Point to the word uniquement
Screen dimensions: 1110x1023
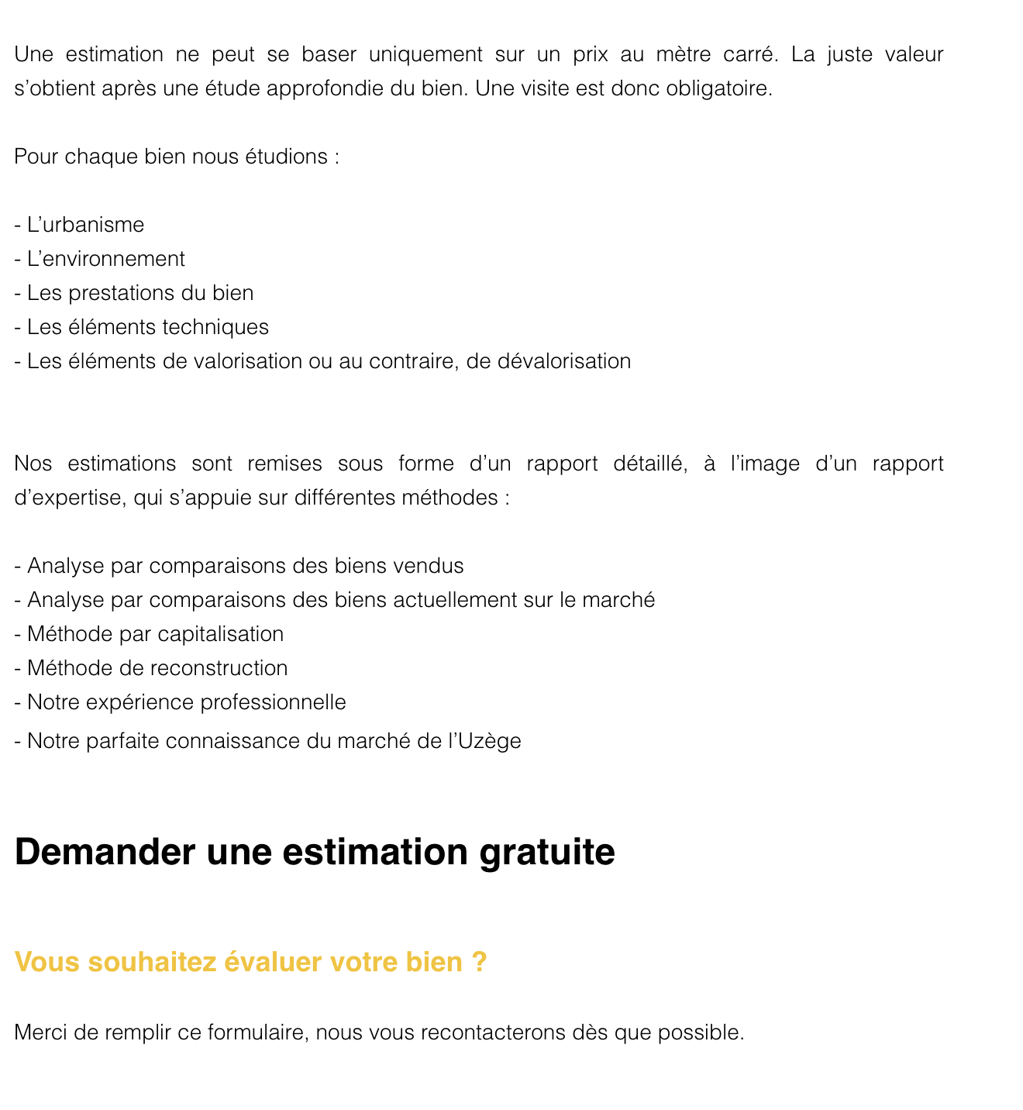pyautogui.click(x=424, y=54)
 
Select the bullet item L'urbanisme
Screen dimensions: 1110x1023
pyautogui.click(x=85, y=225)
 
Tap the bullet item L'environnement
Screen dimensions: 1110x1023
pyautogui.click(x=105, y=259)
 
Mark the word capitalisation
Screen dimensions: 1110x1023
pyautogui.click(x=220, y=634)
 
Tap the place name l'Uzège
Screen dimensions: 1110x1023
pyautogui.click(x=485, y=741)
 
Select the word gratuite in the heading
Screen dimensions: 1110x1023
pyautogui.click(x=547, y=852)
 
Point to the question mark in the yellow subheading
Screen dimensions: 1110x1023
pyautogui.click(x=479, y=962)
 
